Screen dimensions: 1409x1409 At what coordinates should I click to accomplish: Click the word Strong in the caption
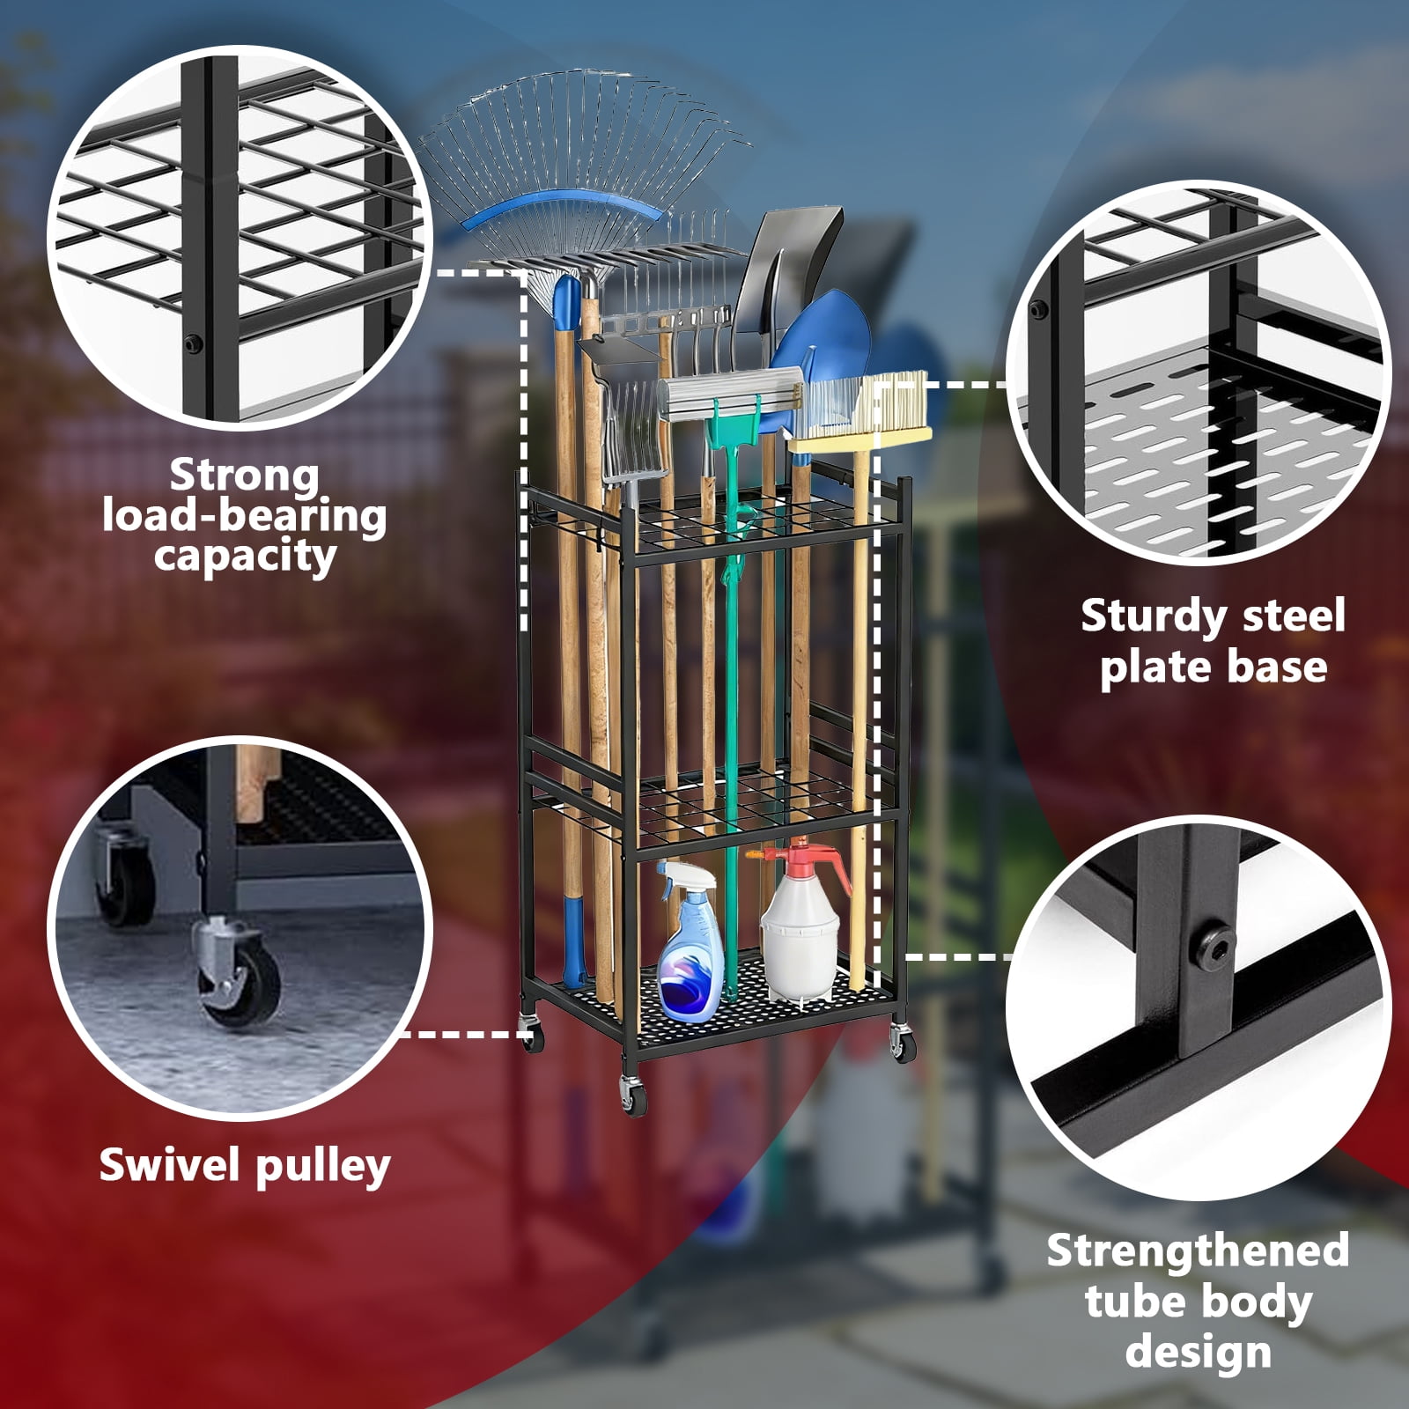tap(244, 476)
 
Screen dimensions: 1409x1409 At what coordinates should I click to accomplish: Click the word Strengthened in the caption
tap(1198, 1251)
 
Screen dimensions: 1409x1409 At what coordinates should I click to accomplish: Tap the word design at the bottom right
tap(1198, 1353)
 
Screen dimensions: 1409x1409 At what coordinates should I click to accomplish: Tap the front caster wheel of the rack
tap(632, 1095)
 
